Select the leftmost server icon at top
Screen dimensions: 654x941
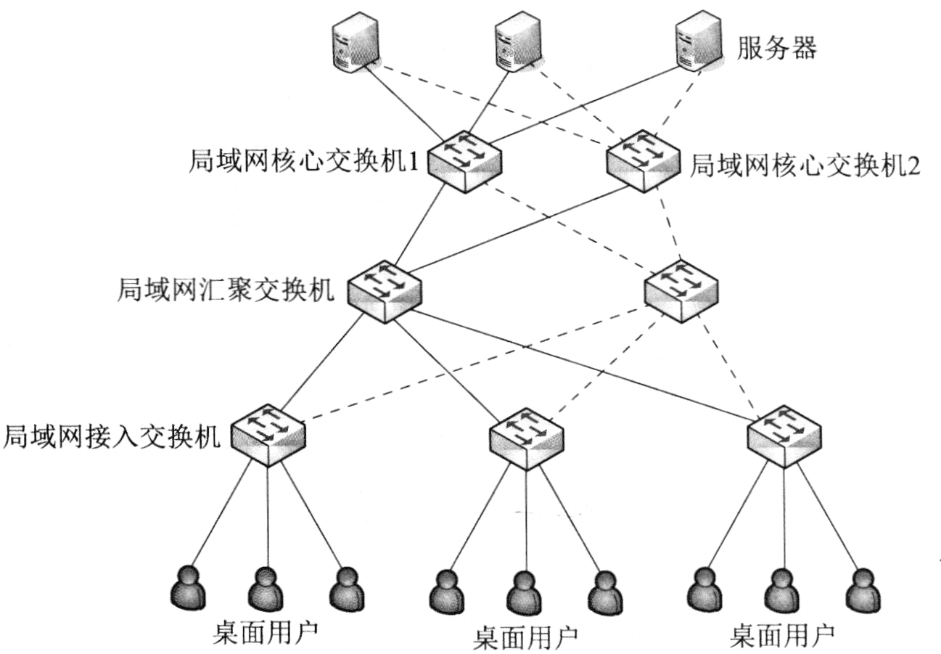(x=355, y=45)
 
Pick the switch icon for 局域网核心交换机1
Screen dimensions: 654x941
(x=464, y=160)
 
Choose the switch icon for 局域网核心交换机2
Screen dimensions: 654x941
(x=644, y=160)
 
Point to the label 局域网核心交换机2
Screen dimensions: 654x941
(x=804, y=165)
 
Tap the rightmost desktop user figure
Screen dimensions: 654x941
(x=862, y=589)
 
